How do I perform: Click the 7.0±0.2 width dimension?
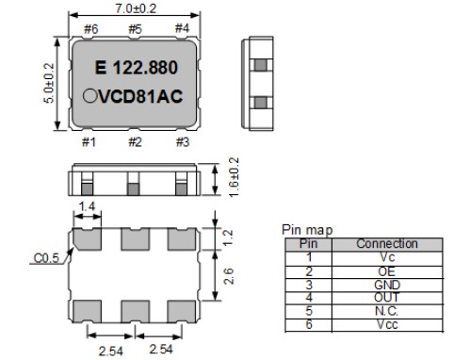point(136,8)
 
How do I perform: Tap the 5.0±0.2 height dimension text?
point(49,83)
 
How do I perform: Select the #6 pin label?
point(91,29)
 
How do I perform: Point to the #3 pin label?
point(183,142)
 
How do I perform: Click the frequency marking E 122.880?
point(137,68)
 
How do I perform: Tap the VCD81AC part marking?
point(140,96)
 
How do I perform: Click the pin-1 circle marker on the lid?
point(90,96)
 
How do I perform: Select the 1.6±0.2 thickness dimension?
point(234,177)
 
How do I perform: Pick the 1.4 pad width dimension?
point(87,206)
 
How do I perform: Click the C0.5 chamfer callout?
point(46,258)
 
